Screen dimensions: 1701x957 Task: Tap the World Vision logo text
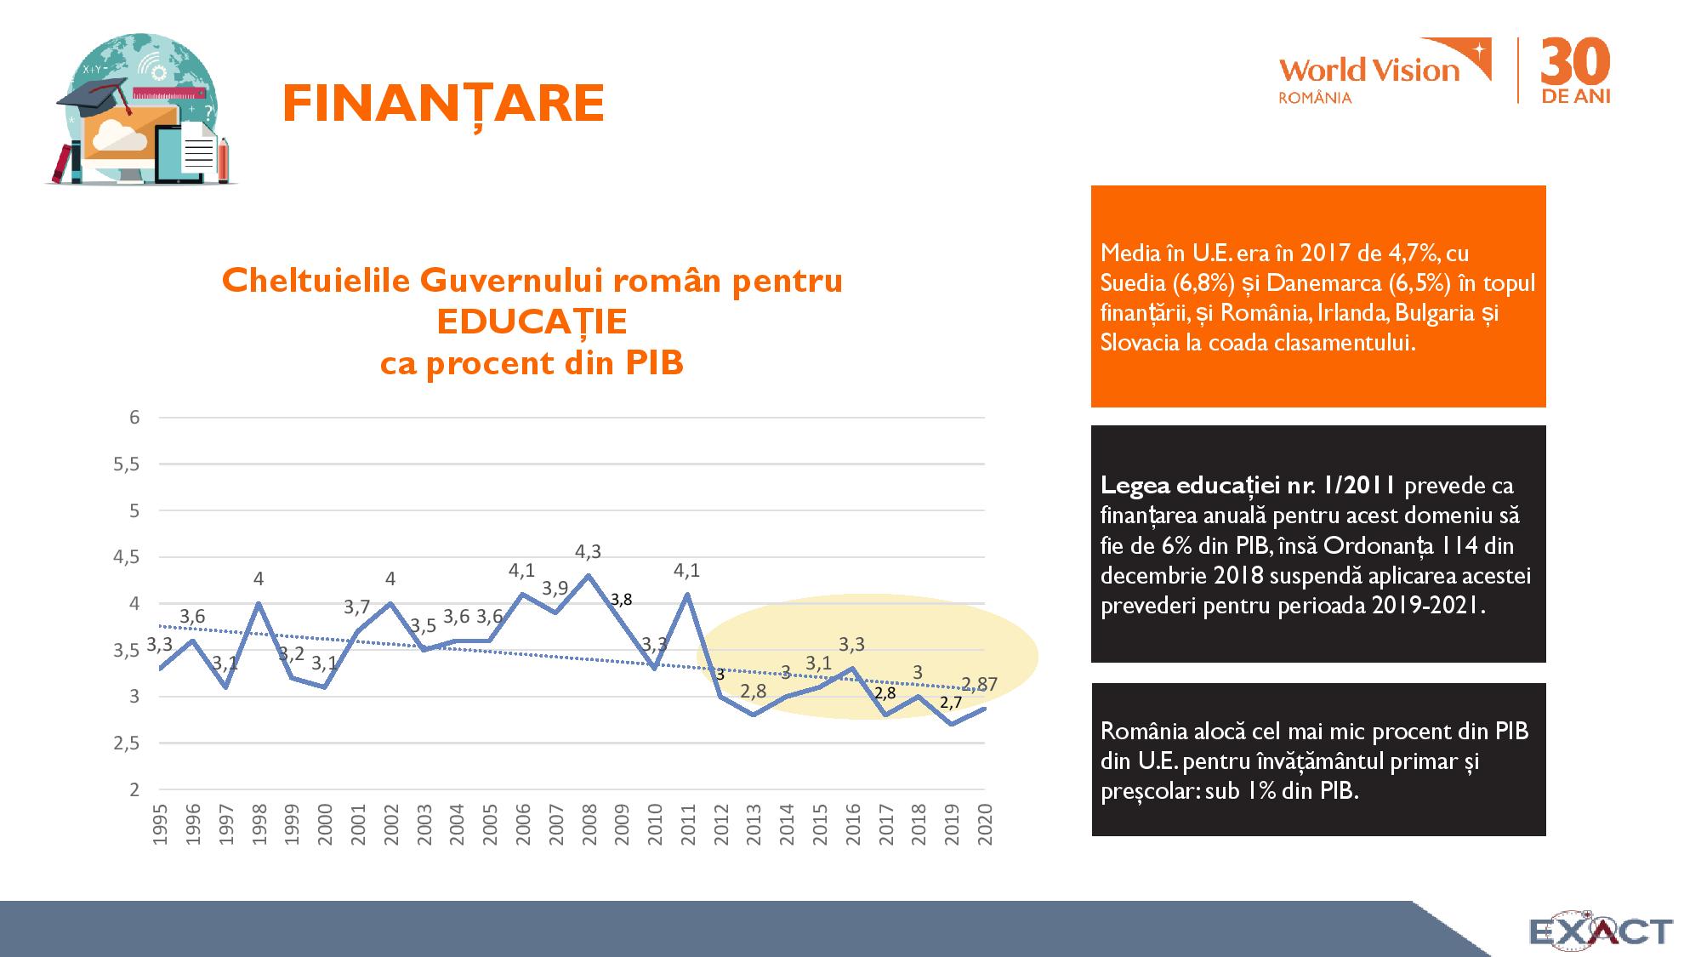point(1368,70)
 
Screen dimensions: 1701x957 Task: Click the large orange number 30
point(1575,62)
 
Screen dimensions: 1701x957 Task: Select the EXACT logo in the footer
point(1601,931)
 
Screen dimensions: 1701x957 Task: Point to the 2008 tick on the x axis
point(589,824)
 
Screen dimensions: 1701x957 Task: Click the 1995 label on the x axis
point(160,824)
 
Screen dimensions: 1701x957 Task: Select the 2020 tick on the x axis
point(985,824)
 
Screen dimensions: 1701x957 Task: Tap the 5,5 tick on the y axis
point(127,464)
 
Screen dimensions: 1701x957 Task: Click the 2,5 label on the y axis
point(127,743)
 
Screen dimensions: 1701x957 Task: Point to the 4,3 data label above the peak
point(588,552)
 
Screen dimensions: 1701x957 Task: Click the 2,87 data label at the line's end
point(980,684)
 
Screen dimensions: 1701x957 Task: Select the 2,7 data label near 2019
point(951,703)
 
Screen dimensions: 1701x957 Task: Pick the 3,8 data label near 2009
point(621,600)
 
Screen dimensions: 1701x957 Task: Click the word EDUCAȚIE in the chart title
point(532,322)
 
